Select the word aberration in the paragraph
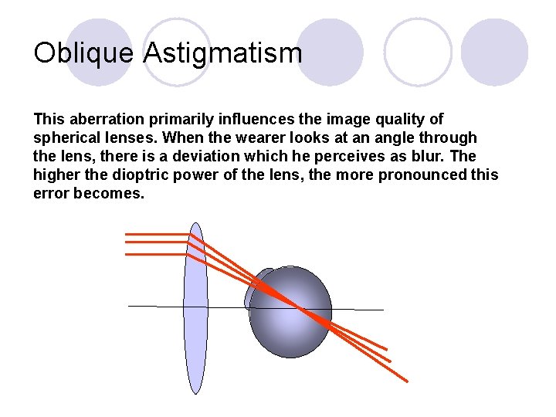(101, 120)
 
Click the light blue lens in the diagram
(196, 309)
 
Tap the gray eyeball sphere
(292, 324)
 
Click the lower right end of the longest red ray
(406, 381)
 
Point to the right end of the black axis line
(382, 310)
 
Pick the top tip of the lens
(196, 225)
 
